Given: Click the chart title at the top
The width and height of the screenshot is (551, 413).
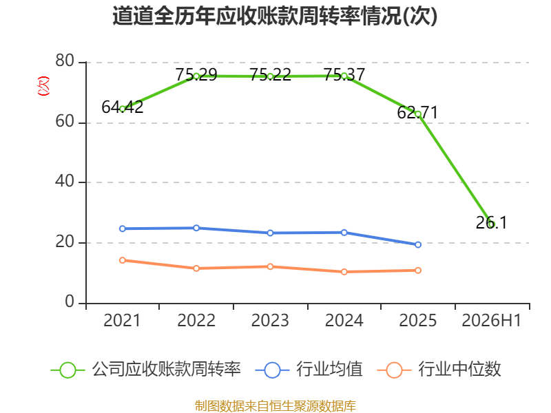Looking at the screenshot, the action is coord(275,16).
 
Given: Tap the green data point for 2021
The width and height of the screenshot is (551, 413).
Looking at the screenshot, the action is coord(123,109).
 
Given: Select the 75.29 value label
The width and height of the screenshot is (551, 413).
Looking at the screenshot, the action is coord(196,75).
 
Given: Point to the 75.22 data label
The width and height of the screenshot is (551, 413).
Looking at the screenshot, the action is coord(270,75).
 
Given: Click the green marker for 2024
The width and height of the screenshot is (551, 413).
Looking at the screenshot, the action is coord(344,76).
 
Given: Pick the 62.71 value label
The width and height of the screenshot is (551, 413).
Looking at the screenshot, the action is coord(417,113).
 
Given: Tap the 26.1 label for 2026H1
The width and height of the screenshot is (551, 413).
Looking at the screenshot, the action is coord(491,222).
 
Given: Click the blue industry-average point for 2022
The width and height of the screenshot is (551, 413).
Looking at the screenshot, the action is coord(196,228).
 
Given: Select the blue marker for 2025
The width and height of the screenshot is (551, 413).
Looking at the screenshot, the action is coord(418,244).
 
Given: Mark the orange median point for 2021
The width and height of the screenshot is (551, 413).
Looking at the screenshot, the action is coord(123,260).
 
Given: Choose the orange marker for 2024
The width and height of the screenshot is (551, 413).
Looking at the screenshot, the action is coord(344,271).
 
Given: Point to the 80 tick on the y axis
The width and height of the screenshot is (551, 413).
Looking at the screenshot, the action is coord(65,61).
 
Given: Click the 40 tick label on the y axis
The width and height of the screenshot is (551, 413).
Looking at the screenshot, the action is coord(65,181).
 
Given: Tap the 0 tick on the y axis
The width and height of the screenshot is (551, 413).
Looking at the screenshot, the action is coord(70,302).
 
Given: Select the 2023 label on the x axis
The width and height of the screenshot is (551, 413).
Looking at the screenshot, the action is coord(270,320).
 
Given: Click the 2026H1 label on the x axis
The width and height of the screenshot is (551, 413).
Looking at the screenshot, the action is coord(491,320).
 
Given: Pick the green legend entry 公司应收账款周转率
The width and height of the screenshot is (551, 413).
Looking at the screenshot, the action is coord(145,370).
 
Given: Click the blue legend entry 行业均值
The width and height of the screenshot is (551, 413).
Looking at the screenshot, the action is coord(309,370).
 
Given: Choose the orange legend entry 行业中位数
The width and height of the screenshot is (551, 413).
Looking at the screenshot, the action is coord(439,370).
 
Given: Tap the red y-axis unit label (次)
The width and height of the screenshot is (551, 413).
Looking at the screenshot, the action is coord(43,85).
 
